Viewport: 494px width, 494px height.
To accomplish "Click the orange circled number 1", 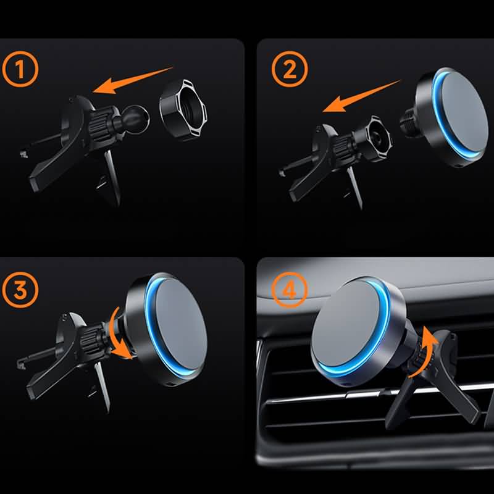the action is [x=20, y=69].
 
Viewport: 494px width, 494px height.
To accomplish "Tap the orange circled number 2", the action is [x=290, y=69].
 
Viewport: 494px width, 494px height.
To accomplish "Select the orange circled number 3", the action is [x=20, y=290].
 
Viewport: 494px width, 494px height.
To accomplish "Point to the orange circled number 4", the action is [x=289, y=290].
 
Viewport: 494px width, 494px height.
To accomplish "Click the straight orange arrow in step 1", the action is [x=132, y=80].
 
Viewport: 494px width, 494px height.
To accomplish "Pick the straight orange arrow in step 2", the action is [x=361, y=96].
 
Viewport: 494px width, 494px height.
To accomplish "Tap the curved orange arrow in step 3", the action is [x=120, y=334].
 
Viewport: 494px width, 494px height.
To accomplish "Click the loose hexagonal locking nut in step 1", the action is [x=183, y=109].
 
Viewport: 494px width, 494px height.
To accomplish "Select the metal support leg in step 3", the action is [x=103, y=387].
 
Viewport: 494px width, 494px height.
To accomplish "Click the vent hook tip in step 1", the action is [x=23, y=154].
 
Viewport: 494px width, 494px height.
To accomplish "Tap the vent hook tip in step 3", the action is [x=20, y=364].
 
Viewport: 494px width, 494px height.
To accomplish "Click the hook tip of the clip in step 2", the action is [x=282, y=172].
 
